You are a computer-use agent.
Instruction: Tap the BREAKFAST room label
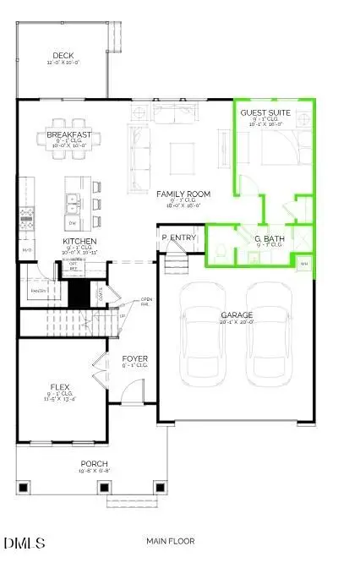pyautogui.click(x=69, y=135)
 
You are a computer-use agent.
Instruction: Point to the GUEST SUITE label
pyautogui.click(x=266, y=112)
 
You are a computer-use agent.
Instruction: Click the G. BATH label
pyautogui.click(x=268, y=239)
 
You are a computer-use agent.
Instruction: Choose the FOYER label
pyautogui.click(x=135, y=358)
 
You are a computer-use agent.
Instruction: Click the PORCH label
pyautogui.click(x=94, y=463)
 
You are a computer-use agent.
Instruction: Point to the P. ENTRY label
pyautogui.click(x=180, y=238)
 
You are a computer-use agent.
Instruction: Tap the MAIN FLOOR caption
pyautogui.click(x=171, y=541)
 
